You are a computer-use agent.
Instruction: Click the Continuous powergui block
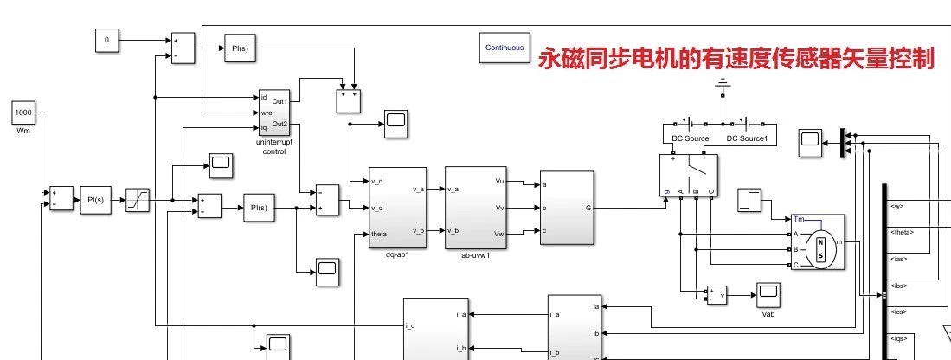pyautogui.click(x=504, y=48)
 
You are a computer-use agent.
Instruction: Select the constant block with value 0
pyautogui.click(x=106, y=40)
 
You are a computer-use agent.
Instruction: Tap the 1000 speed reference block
pyautogui.click(x=22, y=113)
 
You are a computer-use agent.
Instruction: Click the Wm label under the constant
pyautogui.click(x=22, y=131)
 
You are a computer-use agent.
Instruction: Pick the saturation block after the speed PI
pyautogui.click(x=138, y=200)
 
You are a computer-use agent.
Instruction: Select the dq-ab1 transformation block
pyautogui.click(x=397, y=208)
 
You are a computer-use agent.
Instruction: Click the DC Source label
pyautogui.click(x=690, y=138)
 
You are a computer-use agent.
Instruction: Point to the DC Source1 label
pyautogui.click(x=751, y=138)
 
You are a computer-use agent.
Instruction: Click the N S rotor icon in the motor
pyautogui.click(x=821, y=249)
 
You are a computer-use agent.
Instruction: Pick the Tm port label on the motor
pyautogui.click(x=799, y=220)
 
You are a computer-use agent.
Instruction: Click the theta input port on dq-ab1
pyautogui.click(x=379, y=235)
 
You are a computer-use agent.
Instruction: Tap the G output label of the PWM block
pyautogui.click(x=588, y=208)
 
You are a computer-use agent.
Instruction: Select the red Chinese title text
pyautogui.click(x=736, y=58)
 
